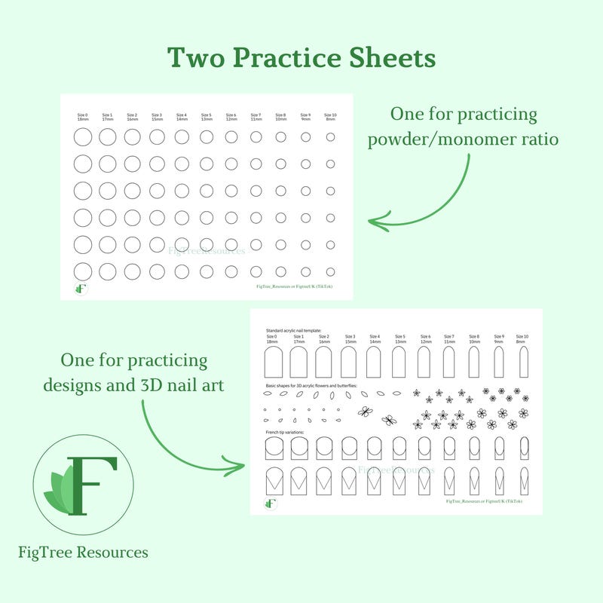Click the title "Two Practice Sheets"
(301, 57)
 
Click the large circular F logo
(84, 485)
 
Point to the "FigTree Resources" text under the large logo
(83, 552)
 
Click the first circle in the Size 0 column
(83, 136)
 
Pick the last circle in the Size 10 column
(330, 271)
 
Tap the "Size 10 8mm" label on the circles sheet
(330, 117)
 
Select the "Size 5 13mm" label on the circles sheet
(207, 117)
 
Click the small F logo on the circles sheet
(81, 288)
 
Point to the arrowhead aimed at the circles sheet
(375, 222)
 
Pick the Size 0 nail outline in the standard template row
(273, 362)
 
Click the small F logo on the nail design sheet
(271, 503)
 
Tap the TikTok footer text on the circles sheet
(294, 286)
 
